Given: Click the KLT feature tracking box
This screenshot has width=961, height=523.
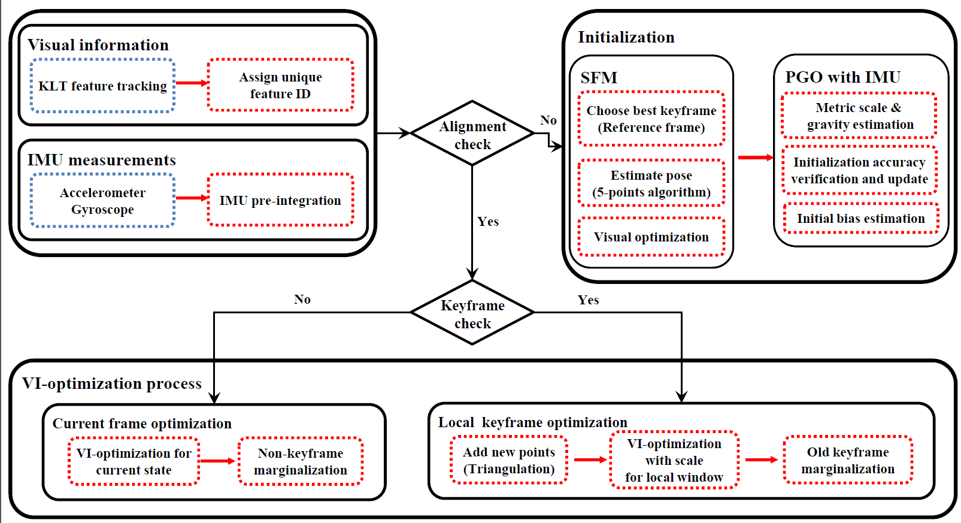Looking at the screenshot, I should (102, 86).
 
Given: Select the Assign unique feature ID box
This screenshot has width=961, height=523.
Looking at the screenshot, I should (280, 85).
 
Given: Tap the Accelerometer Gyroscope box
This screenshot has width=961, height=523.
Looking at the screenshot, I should (102, 201).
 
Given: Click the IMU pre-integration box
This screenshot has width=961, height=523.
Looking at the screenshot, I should (280, 200).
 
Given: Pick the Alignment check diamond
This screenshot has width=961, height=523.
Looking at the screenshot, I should (472, 134).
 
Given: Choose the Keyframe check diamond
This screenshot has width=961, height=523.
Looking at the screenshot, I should (472, 313).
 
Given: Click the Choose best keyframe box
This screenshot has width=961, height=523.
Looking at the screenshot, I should (651, 119).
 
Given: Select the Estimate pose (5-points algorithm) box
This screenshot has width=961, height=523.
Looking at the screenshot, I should (651, 183).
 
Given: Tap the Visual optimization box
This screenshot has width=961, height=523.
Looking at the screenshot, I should (651, 237).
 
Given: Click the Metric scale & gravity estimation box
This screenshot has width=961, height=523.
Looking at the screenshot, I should (859, 116).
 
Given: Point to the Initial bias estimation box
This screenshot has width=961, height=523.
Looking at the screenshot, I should (860, 219).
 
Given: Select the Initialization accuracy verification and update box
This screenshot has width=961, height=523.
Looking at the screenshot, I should (859, 170).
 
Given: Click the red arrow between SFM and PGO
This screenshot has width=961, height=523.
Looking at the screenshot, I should (755, 158).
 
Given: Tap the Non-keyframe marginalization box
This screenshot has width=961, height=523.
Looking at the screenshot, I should (301, 461).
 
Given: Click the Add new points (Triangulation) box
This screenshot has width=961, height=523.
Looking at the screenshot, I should (509, 460).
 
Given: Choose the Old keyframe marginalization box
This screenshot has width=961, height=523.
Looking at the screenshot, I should (848, 460).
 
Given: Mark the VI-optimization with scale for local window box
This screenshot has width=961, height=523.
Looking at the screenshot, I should (674, 460).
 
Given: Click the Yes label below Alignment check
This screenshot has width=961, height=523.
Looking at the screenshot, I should (488, 222).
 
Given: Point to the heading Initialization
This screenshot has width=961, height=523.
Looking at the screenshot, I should (626, 37).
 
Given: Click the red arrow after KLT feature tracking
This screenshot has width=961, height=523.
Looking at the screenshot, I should (191, 83).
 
